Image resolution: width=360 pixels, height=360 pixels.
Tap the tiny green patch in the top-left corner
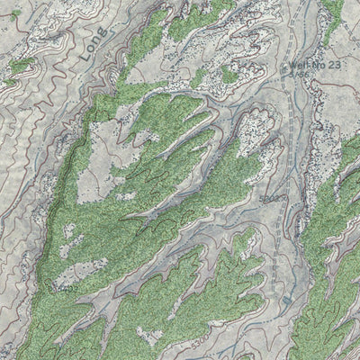click(x=17, y=12)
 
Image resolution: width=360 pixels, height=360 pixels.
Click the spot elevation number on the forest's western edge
click(x=65, y=289)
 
